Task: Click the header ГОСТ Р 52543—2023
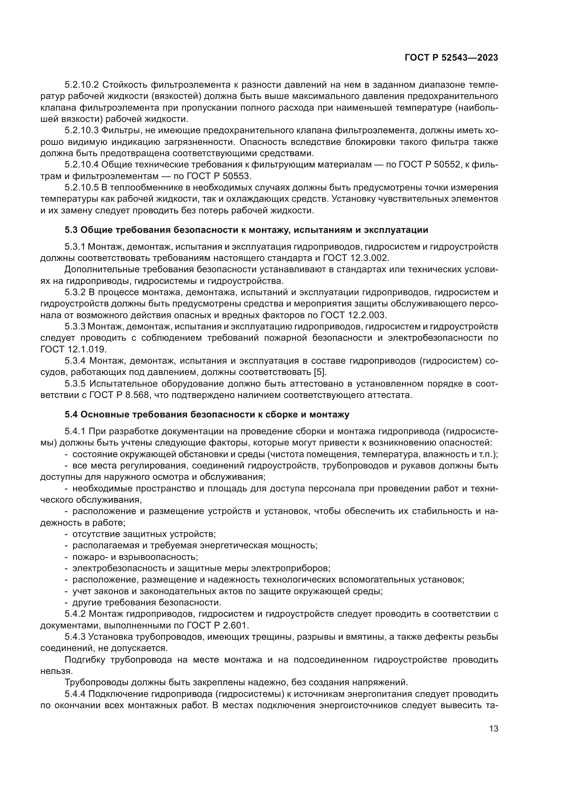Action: pos(451,58)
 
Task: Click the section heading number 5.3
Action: pos(71,230)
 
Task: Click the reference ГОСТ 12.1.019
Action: pos(74,349)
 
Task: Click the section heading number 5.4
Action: pos(71,414)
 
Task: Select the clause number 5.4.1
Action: pos(75,431)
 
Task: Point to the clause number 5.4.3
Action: pos(75,637)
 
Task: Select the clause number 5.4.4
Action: pos(75,694)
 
